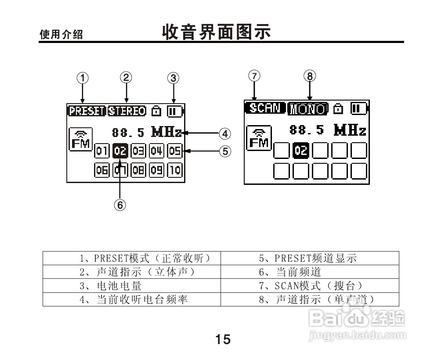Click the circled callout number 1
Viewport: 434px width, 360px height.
tap(82, 78)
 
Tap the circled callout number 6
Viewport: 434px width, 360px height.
tap(120, 204)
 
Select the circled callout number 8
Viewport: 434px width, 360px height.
tap(310, 76)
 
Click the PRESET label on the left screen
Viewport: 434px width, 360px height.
tap(87, 111)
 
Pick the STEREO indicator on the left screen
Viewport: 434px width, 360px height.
tap(127, 111)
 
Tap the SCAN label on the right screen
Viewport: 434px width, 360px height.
tap(265, 108)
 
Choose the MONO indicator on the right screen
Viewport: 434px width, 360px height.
tap(308, 108)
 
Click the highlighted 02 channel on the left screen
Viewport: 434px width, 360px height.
tap(120, 151)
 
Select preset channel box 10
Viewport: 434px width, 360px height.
tap(175, 170)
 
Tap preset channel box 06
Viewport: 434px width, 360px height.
tap(102, 170)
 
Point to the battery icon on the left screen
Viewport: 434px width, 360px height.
tap(174, 111)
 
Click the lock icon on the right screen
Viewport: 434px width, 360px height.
tap(338, 108)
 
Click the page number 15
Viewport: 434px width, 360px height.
tap(223, 339)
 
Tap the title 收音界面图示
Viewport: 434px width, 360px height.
tap(217, 32)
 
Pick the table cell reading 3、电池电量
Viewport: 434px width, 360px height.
tap(131, 286)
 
